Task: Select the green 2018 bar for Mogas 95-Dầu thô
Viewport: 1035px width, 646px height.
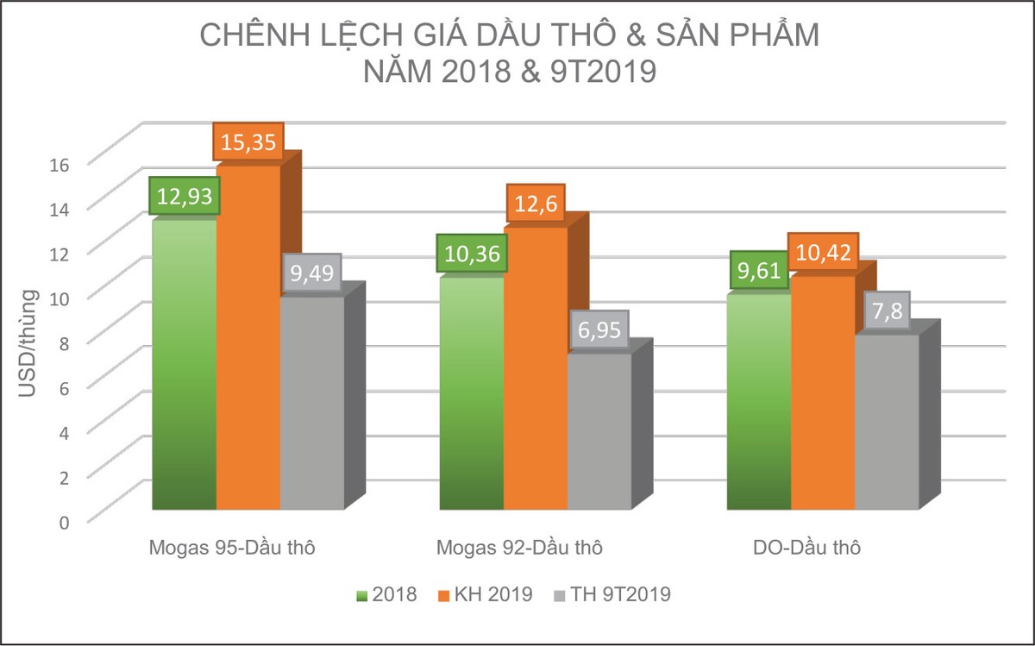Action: pos(184,371)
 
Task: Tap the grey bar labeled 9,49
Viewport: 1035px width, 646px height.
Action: pos(311,405)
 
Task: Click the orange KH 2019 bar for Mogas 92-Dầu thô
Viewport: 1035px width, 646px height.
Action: pos(536,371)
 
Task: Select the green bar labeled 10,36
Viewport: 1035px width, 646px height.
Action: pos(472,397)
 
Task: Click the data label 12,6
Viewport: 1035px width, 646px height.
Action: pos(536,204)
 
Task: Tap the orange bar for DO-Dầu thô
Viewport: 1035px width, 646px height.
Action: pos(823,397)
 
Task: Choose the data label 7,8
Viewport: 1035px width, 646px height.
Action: pos(886,311)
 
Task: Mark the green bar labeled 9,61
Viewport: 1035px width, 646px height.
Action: pos(759,405)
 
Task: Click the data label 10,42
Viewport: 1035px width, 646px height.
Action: pos(823,253)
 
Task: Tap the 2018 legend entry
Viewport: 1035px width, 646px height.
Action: pos(387,594)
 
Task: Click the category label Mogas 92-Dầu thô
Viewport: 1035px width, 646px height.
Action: pos(519,548)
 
